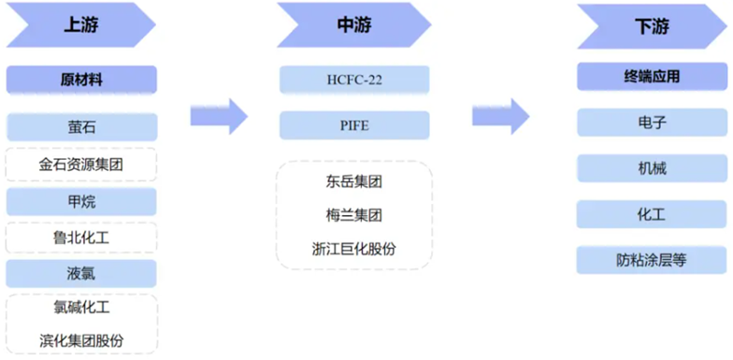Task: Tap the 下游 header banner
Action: (x=644, y=26)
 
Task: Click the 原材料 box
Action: (x=81, y=79)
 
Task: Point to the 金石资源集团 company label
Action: (x=81, y=165)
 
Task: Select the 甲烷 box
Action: (x=81, y=201)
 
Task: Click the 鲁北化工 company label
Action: (x=81, y=238)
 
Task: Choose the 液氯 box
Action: (x=81, y=274)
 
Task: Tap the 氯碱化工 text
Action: (x=81, y=307)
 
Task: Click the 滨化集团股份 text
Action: (x=81, y=340)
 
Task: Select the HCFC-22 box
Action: (x=354, y=79)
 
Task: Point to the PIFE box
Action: (x=354, y=125)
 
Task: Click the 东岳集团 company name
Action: (x=354, y=181)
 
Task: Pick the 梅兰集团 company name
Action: (x=354, y=215)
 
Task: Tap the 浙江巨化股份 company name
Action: (x=354, y=249)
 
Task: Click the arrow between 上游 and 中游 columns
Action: (x=218, y=116)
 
